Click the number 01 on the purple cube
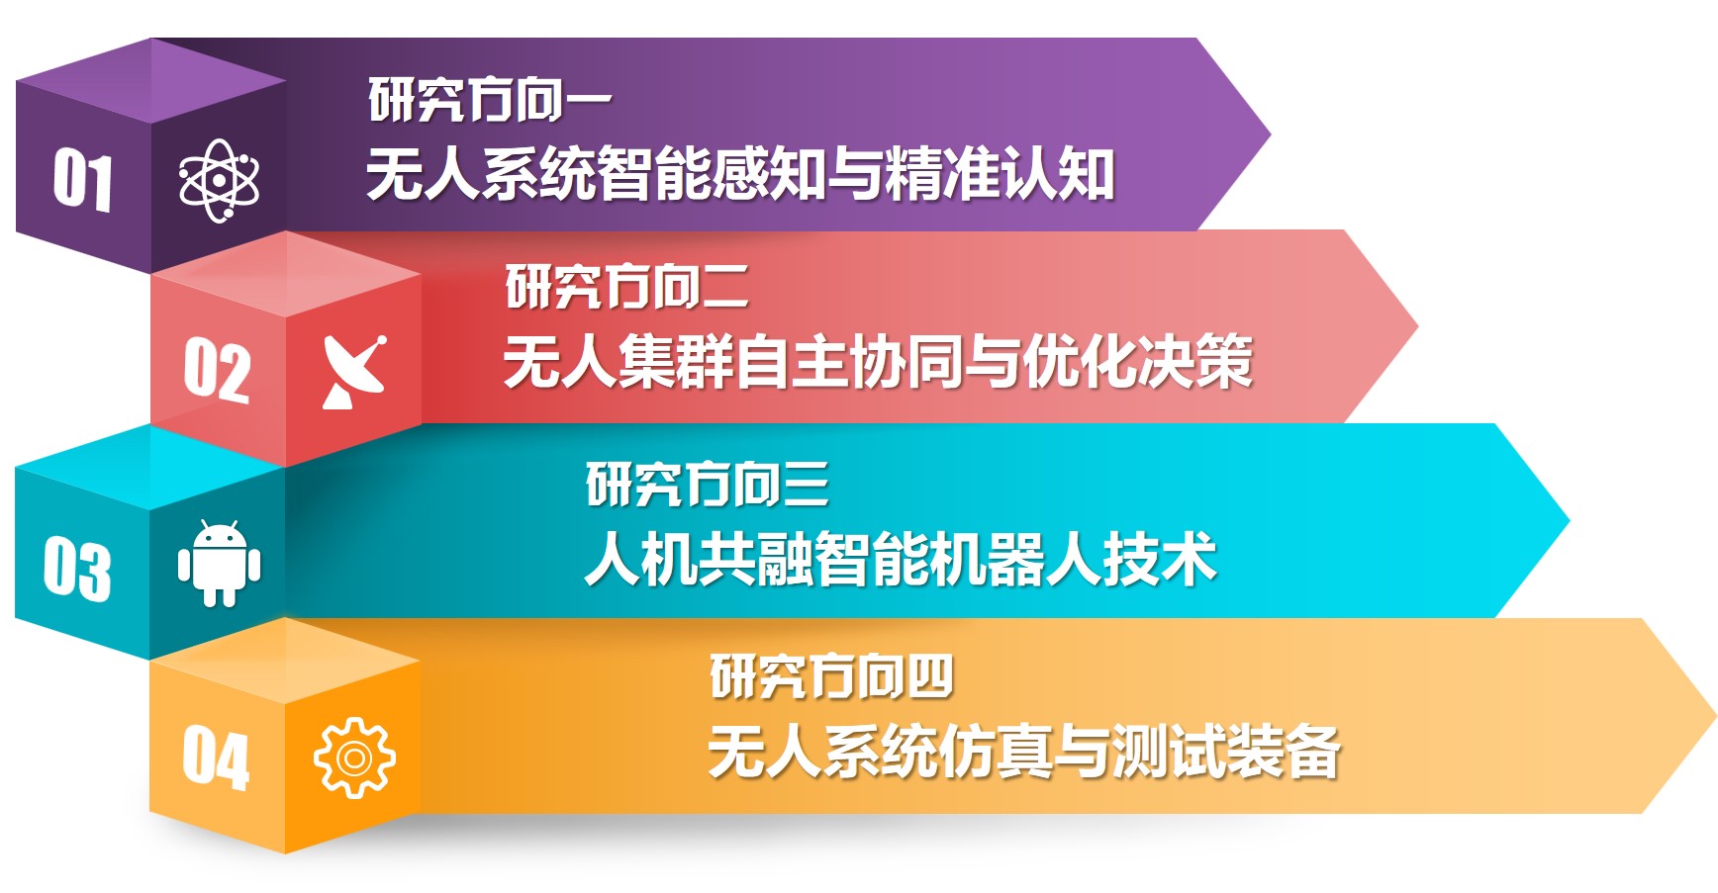[83, 180]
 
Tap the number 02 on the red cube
[217, 369]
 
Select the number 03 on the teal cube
[77, 569]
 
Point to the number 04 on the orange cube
[216, 758]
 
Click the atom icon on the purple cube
[219, 181]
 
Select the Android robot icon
[219, 564]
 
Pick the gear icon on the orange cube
[354, 758]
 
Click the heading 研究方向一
[490, 101]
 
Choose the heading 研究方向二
[627, 287]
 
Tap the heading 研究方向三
[708, 485]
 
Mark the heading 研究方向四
[831, 677]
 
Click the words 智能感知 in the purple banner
[712, 174]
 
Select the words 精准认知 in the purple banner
[1001, 174]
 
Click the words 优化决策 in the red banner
[1138, 361]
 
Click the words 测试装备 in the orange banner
[1226, 752]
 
